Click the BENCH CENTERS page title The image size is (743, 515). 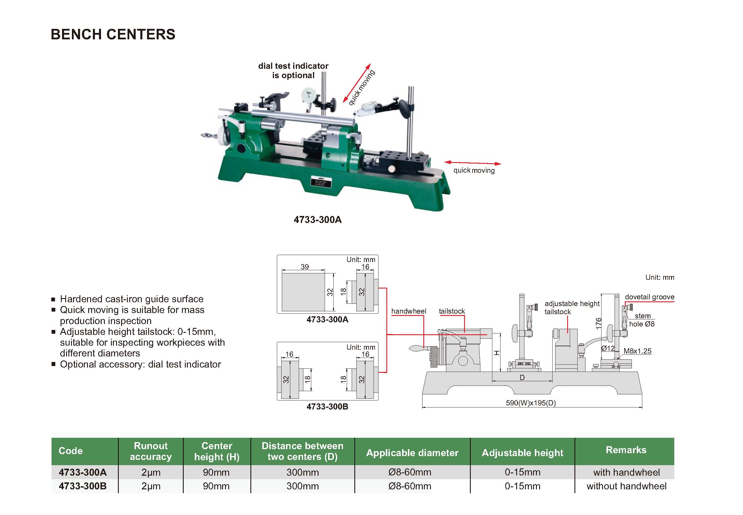pos(113,34)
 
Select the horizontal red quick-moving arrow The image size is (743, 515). pos(473,163)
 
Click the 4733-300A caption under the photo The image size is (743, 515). pos(318,220)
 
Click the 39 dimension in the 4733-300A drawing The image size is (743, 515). pos(305,266)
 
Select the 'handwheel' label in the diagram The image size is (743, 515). pos(408,311)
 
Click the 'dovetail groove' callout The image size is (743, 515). pos(649,297)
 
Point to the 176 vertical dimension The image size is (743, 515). pos(598,324)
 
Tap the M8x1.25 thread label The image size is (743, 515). pos(637,351)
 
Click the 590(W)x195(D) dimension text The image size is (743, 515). pos(530,403)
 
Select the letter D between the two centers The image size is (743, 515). pos(522,377)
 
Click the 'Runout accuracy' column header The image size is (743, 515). pos(151,451)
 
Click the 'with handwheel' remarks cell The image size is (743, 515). pos(626,472)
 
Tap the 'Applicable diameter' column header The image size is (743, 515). pos(412,453)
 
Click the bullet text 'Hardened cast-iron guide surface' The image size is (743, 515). pos(132,299)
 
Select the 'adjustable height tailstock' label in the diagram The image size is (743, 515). pos(572,307)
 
